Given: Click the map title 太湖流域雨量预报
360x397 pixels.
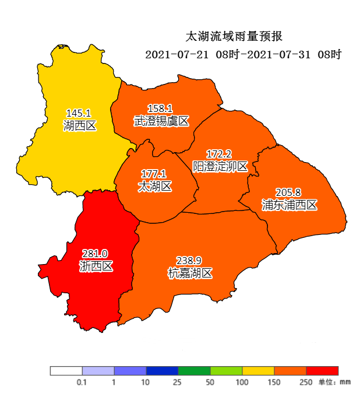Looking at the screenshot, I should click(x=234, y=37).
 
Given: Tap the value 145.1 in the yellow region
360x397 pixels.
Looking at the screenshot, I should click(x=79, y=113).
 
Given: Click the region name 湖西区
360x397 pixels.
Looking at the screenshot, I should click(x=79, y=125).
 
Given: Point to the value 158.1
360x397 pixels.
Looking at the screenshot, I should click(x=160, y=108).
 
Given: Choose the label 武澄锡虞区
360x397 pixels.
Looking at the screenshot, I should click(x=161, y=121).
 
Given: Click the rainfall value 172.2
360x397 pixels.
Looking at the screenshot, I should click(x=219, y=154).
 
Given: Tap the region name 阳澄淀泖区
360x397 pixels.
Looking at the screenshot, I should click(x=220, y=167).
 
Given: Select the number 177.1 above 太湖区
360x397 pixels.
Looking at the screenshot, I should click(x=154, y=174).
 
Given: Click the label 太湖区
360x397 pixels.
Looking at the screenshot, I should click(x=154, y=187).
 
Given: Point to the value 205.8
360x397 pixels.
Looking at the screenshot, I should click(x=288, y=192).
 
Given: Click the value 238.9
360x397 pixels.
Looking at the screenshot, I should click(x=189, y=261).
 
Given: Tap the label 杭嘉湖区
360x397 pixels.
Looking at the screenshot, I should click(x=189, y=273).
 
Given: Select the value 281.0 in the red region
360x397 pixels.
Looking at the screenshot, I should click(x=95, y=254).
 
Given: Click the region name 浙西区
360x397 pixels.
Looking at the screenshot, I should click(x=96, y=266).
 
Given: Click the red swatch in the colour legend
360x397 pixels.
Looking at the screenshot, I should click(x=322, y=371).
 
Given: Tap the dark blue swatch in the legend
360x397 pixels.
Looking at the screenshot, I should click(x=162, y=371).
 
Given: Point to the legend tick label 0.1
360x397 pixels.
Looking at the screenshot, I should click(x=82, y=382).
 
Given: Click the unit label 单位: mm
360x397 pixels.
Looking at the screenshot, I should click(x=334, y=382).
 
